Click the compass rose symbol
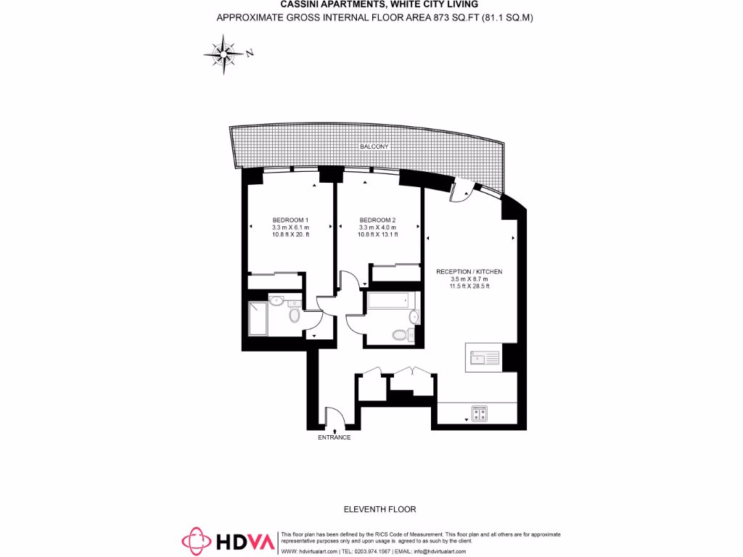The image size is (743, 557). (224, 54)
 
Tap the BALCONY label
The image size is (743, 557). (374, 147)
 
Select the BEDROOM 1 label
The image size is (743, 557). (290, 220)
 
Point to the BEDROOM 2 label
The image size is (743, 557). (377, 220)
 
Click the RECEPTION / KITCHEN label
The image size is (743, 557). (469, 271)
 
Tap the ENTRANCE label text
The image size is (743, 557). (334, 437)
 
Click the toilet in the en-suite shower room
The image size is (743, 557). (294, 316)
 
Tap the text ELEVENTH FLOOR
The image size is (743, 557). (380, 509)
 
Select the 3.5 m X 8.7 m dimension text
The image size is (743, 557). (469, 278)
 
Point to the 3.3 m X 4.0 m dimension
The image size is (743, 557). (377, 227)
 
